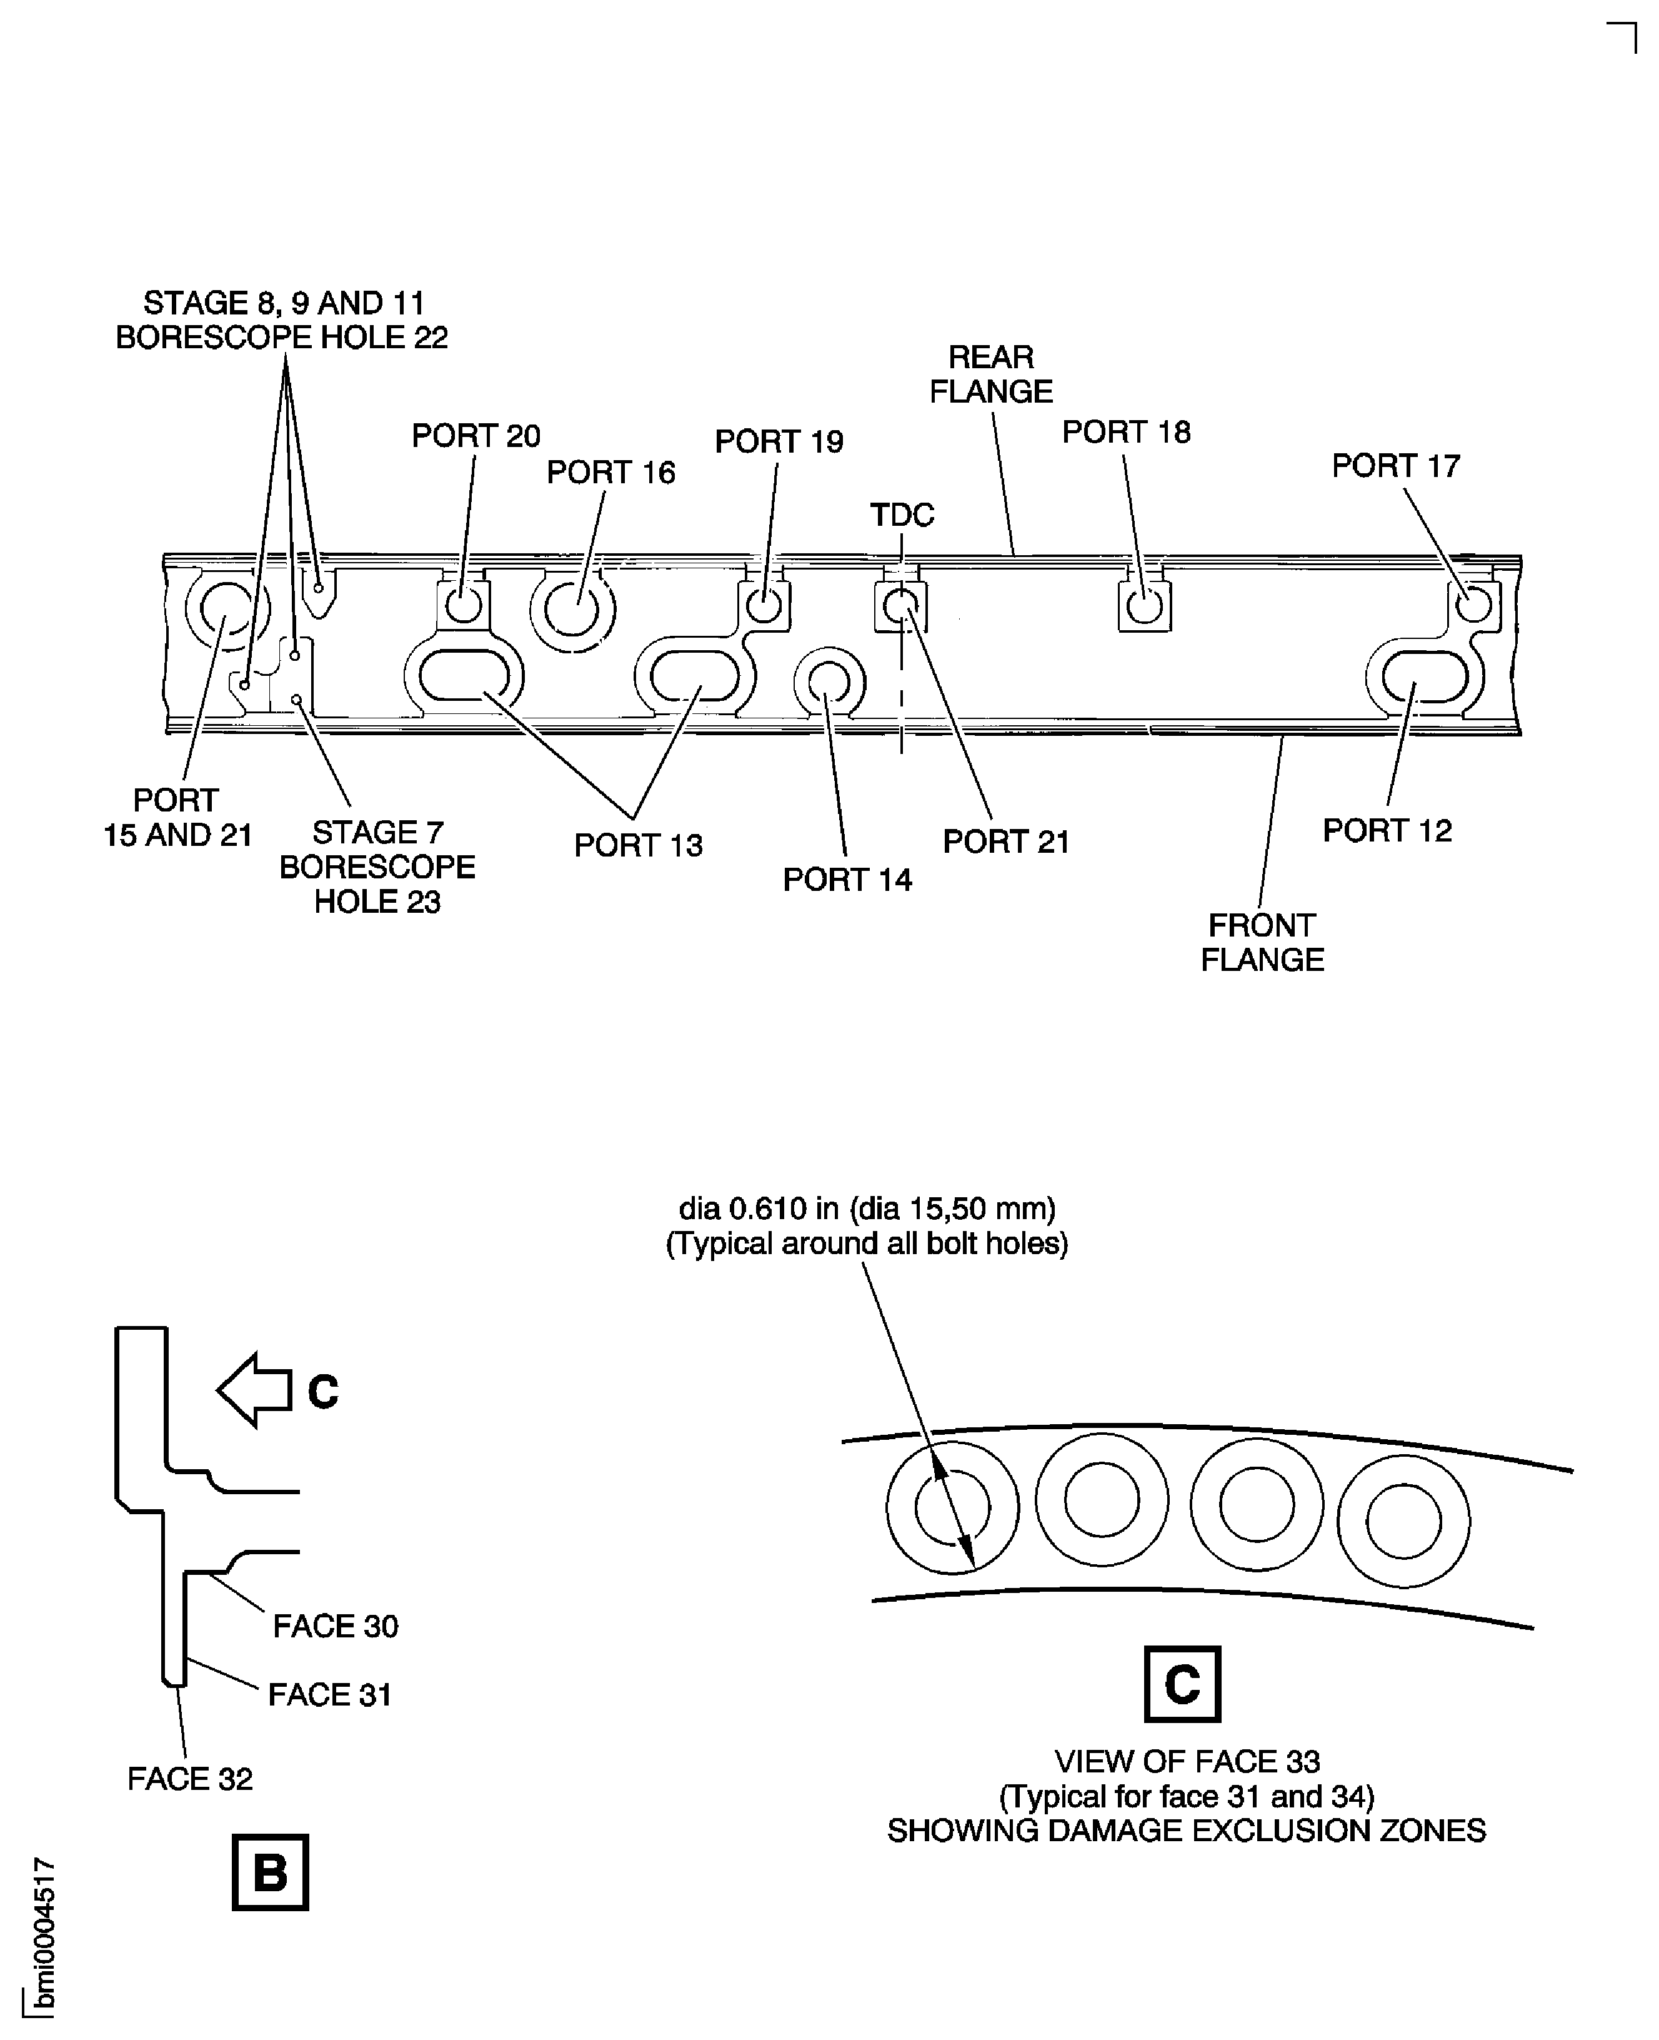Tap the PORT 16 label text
pyautogui.click(x=610, y=472)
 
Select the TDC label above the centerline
pyautogui.click(x=901, y=515)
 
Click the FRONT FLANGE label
pyautogui.click(x=1262, y=943)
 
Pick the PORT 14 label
pyautogui.click(x=847, y=880)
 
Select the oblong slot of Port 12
pyautogui.click(x=1424, y=677)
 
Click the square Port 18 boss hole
pyautogui.click(x=1144, y=606)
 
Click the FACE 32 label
pyautogui.click(x=189, y=1779)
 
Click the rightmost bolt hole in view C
pyautogui.click(x=1403, y=1521)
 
